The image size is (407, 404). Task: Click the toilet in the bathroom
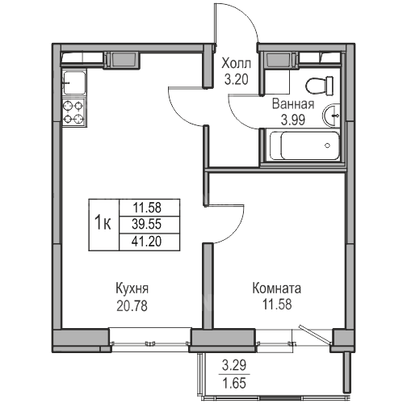pos(320,86)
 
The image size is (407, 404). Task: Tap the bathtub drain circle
pos(327,145)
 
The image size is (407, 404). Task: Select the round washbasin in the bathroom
pos(331,116)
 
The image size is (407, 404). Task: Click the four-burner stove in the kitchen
pos(73,112)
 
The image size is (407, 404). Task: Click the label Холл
pos(236,64)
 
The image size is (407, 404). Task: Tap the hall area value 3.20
pos(236,79)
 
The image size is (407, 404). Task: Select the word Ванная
pos(293,104)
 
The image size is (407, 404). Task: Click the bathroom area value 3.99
pos(293,120)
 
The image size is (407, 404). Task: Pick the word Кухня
pos(132,288)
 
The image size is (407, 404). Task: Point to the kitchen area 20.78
pos(132,305)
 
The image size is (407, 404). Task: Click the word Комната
pos(277,288)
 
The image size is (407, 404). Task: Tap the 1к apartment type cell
pos(104,225)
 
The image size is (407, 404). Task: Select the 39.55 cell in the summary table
pos(149,225)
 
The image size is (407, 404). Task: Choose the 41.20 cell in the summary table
pos(149,242)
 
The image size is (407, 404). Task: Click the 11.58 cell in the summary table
pos(149,208)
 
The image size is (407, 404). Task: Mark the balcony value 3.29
pos(234,365)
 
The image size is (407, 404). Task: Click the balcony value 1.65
pos(234,383)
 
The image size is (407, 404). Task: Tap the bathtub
pos(304,145)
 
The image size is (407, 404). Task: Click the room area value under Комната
pos(277,305)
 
